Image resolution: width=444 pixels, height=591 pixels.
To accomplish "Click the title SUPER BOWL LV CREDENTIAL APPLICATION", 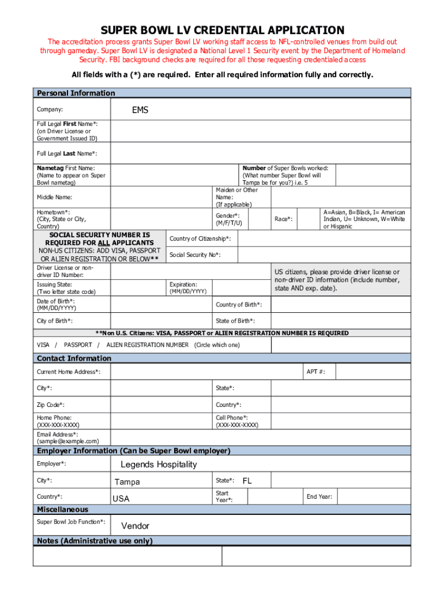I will coord(222,30).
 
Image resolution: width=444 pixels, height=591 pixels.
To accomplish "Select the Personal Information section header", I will coord(76,93).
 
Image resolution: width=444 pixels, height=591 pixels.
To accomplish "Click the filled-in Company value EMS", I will coord(140,110).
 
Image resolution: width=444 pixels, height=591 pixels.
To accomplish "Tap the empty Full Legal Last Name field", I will coord(260,154).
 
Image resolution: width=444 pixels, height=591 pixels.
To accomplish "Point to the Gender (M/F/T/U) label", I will coord(228,219).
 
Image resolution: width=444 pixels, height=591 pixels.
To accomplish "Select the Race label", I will coord(283,219).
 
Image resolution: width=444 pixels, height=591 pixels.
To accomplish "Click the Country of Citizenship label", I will coord(200,238).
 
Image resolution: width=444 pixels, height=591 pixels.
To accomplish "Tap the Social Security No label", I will coord(195,255).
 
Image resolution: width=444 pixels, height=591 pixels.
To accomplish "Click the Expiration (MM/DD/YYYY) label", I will coord(188,288).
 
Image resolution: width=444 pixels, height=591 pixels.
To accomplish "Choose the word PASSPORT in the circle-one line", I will coord(78,345).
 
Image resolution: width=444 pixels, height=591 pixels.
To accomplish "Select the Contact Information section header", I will coord(74,358).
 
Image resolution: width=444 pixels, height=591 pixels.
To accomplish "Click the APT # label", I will coord(315,372).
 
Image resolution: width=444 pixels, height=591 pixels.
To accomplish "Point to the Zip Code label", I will coord(51,405).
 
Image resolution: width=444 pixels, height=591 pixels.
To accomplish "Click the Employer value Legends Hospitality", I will coord(159,465).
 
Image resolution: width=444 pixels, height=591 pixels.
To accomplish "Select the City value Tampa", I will coord(127,482).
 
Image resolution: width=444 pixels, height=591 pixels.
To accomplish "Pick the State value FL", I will coord(247,481).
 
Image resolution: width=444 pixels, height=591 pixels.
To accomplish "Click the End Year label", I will coord(319,496).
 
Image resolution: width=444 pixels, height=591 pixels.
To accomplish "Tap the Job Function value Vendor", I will coord(135,526).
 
